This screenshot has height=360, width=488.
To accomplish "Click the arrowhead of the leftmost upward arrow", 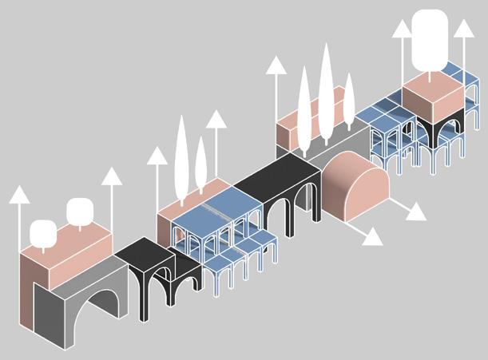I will [19, 194].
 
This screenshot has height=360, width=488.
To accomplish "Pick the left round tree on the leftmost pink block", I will [43, 232].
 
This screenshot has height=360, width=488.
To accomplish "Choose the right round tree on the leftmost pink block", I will [80, 211].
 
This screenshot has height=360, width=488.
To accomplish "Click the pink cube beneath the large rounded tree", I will [432, 100].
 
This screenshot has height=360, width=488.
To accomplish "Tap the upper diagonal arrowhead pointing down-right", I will [416, 213].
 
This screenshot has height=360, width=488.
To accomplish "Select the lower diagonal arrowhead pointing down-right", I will [373, 237].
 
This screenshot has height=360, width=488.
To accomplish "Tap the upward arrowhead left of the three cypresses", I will [276, 65].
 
